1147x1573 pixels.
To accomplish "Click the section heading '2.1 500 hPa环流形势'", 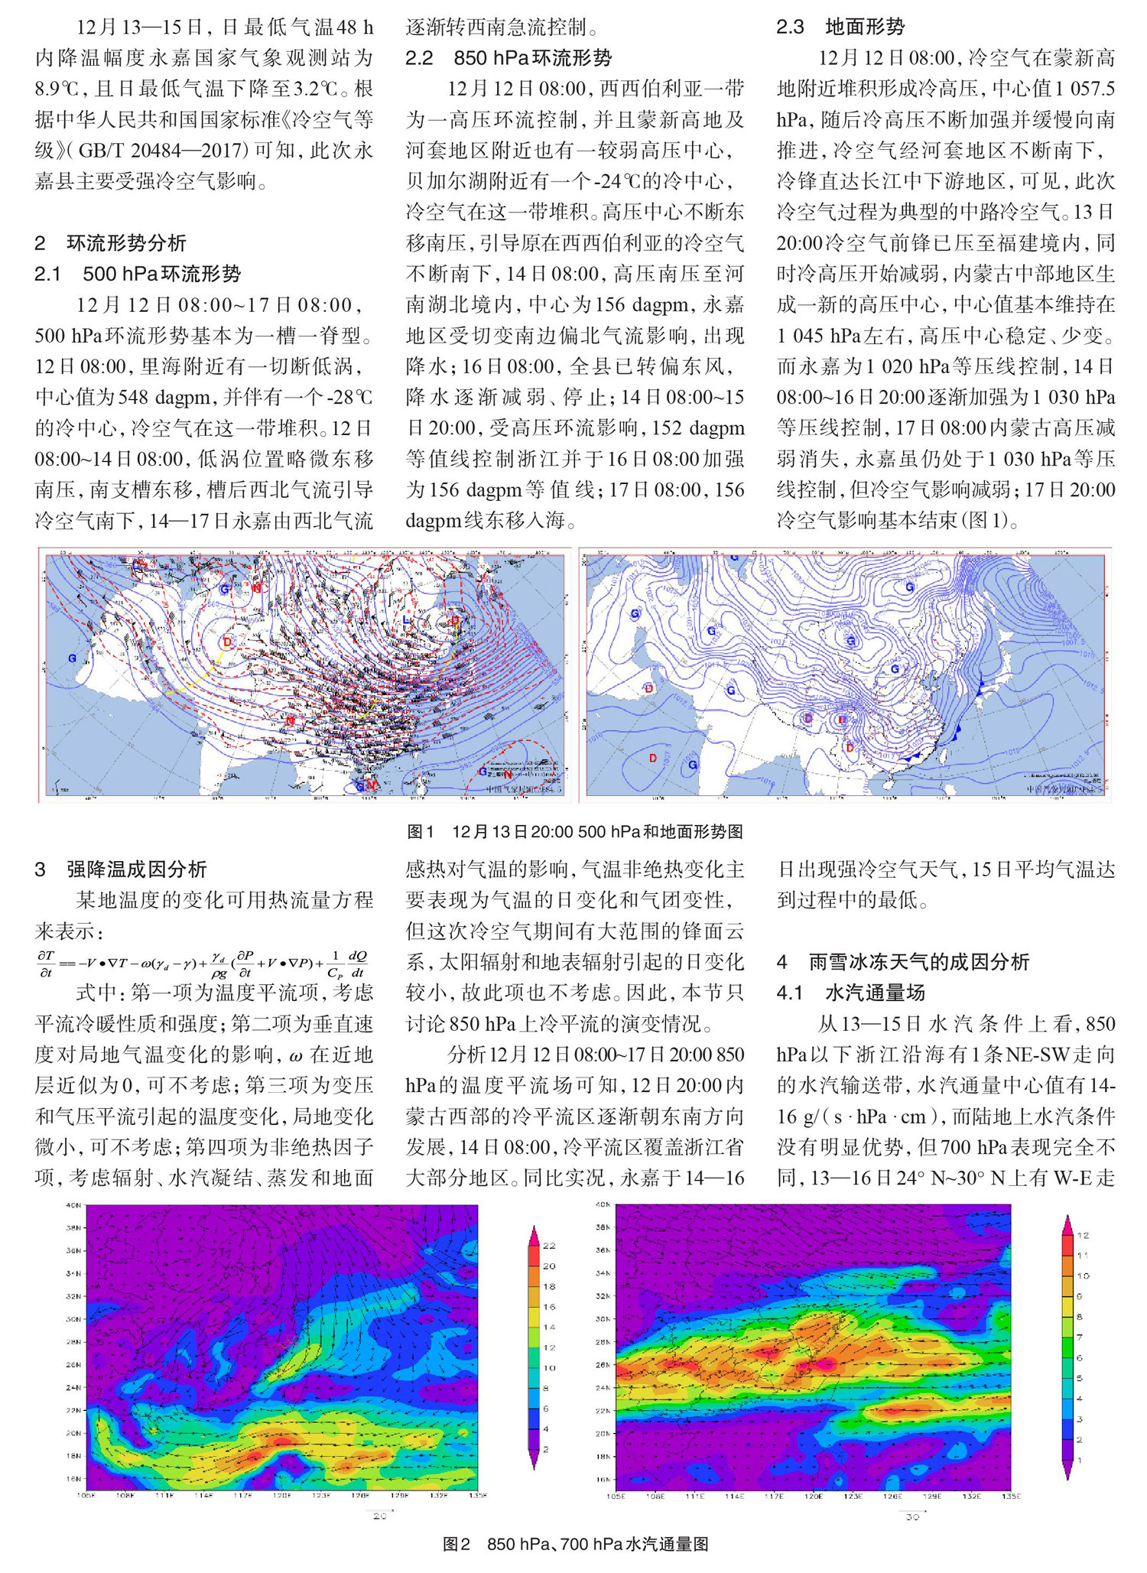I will (x=138, y=274).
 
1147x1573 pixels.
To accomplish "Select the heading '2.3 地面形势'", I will (x=840, y=28).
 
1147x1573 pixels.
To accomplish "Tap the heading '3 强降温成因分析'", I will (x=120, y=869).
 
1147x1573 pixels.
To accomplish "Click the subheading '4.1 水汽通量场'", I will (x=850, y=993).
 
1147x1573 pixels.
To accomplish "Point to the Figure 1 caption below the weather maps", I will (x=574, y=832).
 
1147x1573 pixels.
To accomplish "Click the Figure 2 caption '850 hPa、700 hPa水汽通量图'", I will (x=575, y=1544).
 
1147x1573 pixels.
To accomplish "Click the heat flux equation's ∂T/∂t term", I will (x=46, y=964).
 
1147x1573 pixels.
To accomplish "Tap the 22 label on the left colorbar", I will (x=549, y=1246).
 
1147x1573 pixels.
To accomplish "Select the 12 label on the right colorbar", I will (x=1083, y=1235).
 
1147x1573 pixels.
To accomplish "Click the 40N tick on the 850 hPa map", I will (x=73, y=1206).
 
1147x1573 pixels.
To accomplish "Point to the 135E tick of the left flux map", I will (x=478, y=1495).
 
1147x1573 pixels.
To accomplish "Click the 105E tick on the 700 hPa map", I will (x=616, y=1496).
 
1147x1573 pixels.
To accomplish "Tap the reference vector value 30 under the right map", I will (x=912, y=1517).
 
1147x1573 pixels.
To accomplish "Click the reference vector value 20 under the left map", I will (x=379, y=1516).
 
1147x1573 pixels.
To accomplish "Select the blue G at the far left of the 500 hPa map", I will (x=73, y=658).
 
